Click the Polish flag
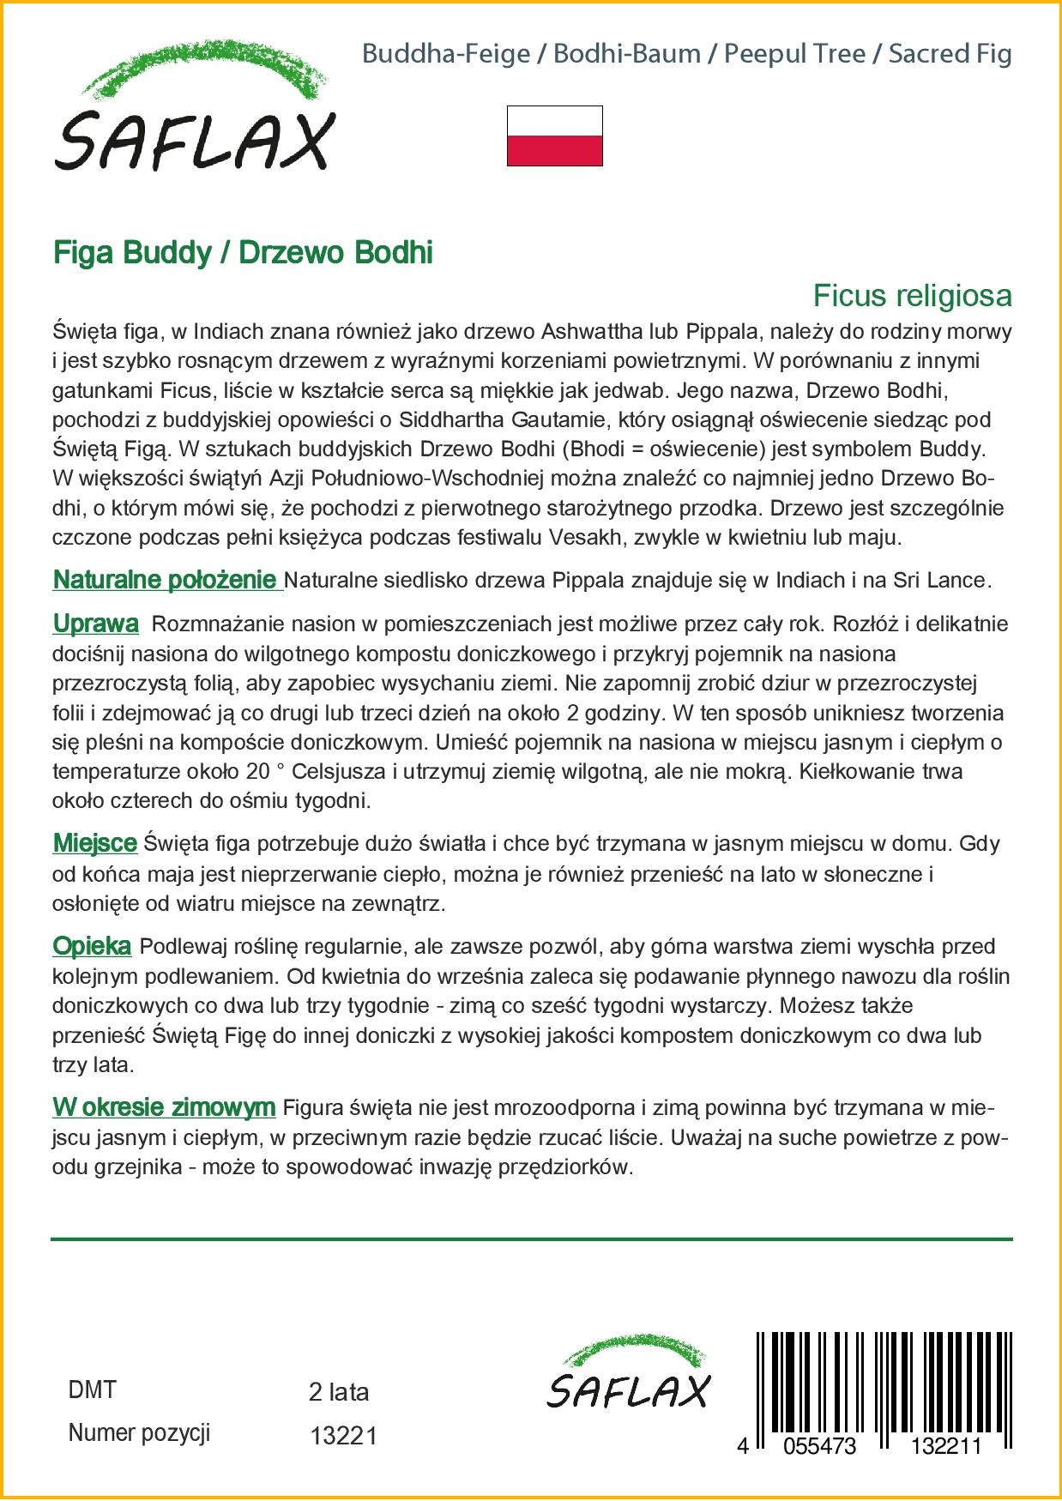(x=554, y=136)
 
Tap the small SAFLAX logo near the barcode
(x=628, y=1373)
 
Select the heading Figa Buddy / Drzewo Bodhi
(x=243, y=253)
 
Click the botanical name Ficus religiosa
(x=912, y=296)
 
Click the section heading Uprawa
(x=95, y=624)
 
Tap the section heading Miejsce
(x=94, y=843)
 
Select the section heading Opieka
(x=92, y=946)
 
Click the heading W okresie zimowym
(x=164, y=1107)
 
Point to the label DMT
(x=92, y=1390)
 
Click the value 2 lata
(x=339, y=1392)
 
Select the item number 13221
(x=343, y=1436)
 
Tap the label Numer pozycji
(x=139, y=1433)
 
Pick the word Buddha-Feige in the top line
(x=446, y=54)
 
